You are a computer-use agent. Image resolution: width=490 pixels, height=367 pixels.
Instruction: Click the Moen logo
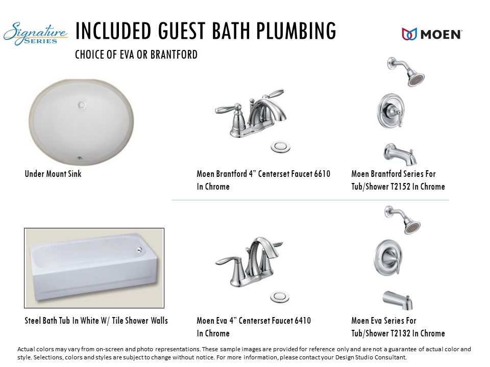[x=432, y=34]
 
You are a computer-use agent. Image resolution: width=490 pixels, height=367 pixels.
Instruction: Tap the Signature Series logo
[x=35, y=34]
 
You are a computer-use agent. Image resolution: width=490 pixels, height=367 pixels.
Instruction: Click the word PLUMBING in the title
[x=296, y=31]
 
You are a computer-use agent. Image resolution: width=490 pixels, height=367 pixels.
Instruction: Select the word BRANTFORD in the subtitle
[x=174, y=55]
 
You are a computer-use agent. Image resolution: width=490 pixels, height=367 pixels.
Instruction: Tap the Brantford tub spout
[x=400, y=154]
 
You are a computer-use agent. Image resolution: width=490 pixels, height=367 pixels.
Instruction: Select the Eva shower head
[x=403, y=220]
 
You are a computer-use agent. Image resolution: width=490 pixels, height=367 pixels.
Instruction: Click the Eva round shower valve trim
[x=388, y=257]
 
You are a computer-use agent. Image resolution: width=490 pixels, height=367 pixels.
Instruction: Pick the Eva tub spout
[x=398, y=300]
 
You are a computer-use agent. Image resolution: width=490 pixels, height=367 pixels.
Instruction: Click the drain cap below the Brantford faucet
[x=280, y=146]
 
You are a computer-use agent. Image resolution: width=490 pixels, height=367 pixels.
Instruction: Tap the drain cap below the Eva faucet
[x=280, y=297]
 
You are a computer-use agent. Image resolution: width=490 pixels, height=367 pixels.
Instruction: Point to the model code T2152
[x=400, y=187]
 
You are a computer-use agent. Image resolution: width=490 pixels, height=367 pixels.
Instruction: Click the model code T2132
[x=400, y=333]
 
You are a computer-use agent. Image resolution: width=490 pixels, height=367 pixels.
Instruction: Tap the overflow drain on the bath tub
[x=139, y=249]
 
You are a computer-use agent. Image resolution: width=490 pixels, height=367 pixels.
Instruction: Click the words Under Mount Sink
[x=53, y=174]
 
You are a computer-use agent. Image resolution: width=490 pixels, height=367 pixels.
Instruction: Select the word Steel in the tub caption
[x=32, y=321]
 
